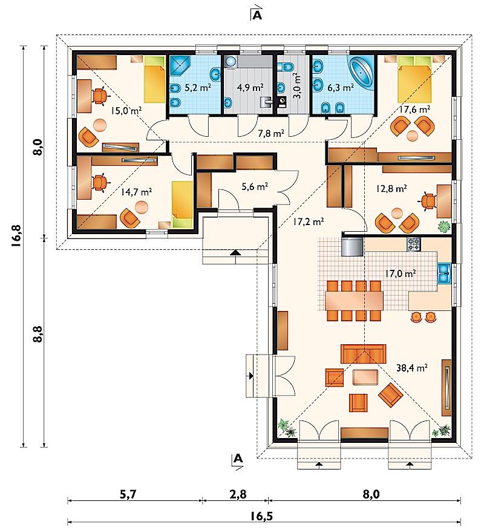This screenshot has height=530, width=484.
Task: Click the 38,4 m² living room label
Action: [x=411, y=367]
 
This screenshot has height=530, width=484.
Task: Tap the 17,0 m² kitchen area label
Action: [x=401, y=273]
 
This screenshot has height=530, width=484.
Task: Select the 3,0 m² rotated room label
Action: [x=297, y=86]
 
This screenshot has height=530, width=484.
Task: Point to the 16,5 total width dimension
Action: [x=261, y=516]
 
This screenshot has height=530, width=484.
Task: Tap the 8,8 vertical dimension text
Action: [x=38, y=335]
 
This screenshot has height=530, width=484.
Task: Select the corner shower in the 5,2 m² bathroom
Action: [x=180, y=67]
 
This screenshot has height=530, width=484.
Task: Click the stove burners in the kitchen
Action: [x=414, y=244]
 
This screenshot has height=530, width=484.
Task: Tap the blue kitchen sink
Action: [x=444, y=273]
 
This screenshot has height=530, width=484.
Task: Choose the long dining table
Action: [x=354, y=301]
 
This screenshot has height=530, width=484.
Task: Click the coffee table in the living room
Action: [x=365, y=377]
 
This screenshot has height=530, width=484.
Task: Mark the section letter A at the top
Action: [x=257, y=16]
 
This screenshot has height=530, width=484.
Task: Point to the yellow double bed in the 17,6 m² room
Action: [x=414, y=79]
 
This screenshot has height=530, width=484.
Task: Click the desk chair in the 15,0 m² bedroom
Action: [x=99, y=96]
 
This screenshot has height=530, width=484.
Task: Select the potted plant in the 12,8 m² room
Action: [x=444, y=226]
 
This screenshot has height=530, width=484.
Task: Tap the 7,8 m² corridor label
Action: [x=270, y=134]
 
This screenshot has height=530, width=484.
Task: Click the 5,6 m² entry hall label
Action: [x=255, y=186]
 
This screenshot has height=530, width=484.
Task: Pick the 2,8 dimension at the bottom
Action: [x=238, y=494]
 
